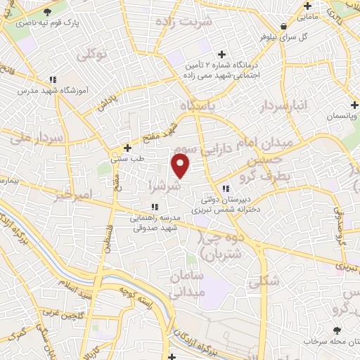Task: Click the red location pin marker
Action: pos(181,165)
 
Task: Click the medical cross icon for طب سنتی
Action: pos(127,148)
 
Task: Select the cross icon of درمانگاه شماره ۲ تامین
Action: pos(222,54)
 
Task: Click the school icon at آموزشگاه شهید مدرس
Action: pos(52,79)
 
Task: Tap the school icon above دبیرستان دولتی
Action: pos(225,188)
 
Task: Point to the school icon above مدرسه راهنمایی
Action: pos(155,207)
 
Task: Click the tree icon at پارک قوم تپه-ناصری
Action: pos(46,13)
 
